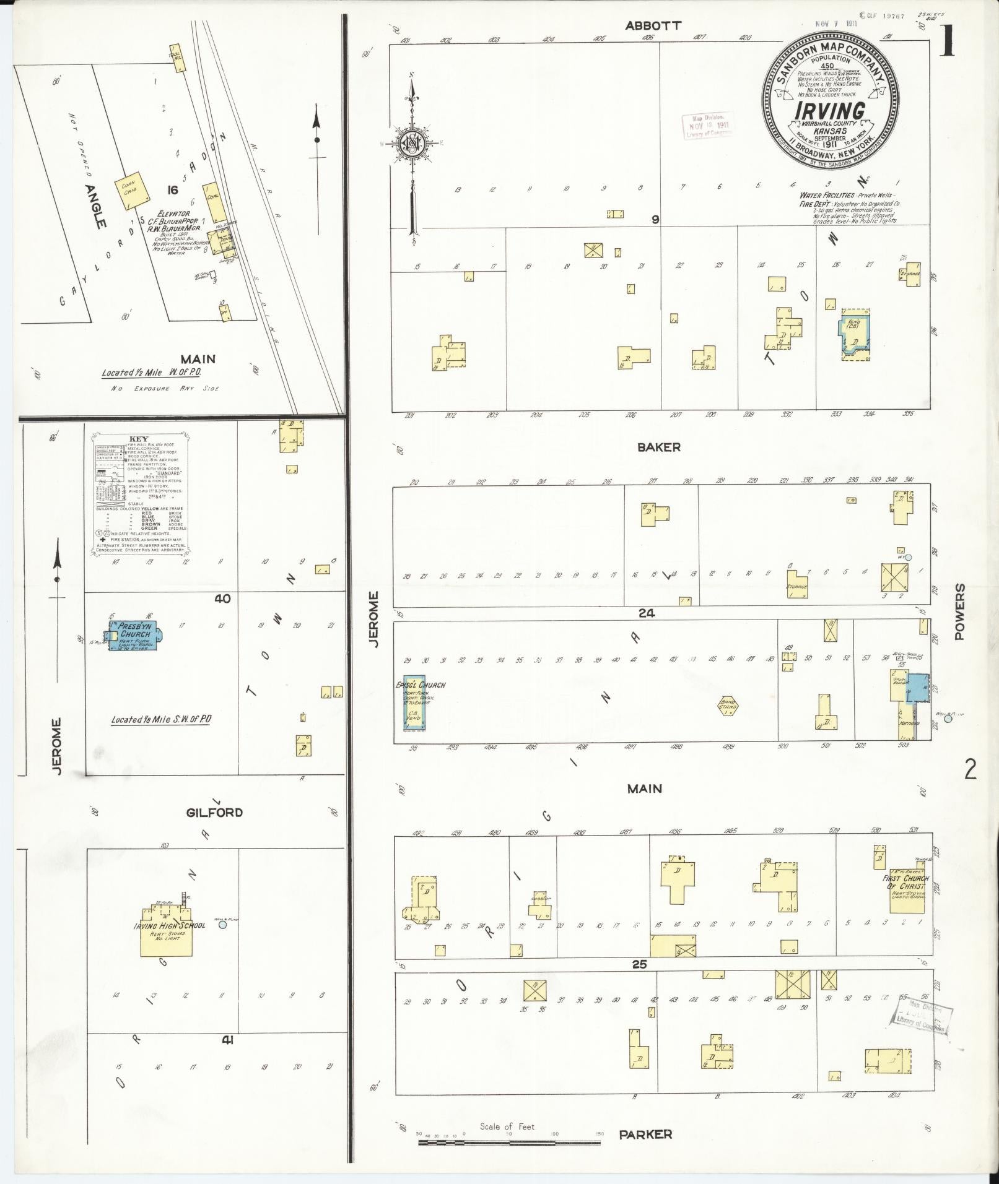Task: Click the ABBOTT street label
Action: pyautogui.click(x=653, y=25)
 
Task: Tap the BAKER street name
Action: pyautogui.click(x=659, y=447)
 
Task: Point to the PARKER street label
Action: pyautogui.click(x=645, y=1134)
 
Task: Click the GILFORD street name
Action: pyautogui.click(x=215, y=812)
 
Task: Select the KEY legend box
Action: pyautogui.click(x=142, y=492)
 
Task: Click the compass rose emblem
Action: pyautogui.click(x=412, y=146)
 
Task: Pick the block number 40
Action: pyautogui.click(x=222, y=598)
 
